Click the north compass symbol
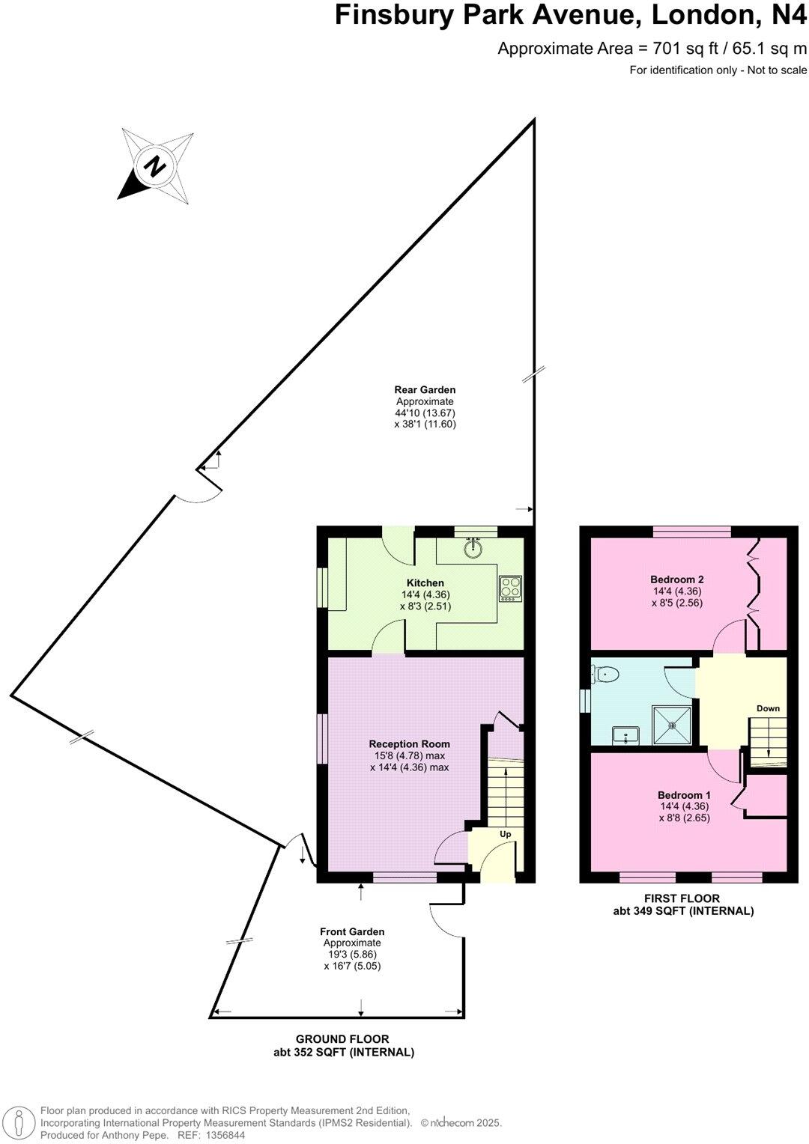pyautogui.click(x=156, y=166)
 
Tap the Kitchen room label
pyautogui.click(x=425, y=583)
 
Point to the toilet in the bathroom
pyautogui.click(x=606, y=675)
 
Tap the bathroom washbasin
pyautogui.click(x=625, y=735)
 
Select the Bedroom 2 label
pyautogui.click(x=676, y=579)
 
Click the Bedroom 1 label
pyautogui.click(x=684, y=795)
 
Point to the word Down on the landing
pyautogui.click(x=768, y=708)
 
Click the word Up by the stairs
pyautogui.click(x=506, y=834)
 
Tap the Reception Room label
pyautogui.click(x=409, y=744)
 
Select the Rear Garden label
pyautogui.click(x=425, y=389)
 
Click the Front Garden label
pyautogui.click(x=352, y=931)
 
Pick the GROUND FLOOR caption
pyautogui.click(x=342, y=1039)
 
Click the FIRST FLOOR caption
pyautogui.click(x=682, y=898)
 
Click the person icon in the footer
pyautogui.click(x=22, y=1122)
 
